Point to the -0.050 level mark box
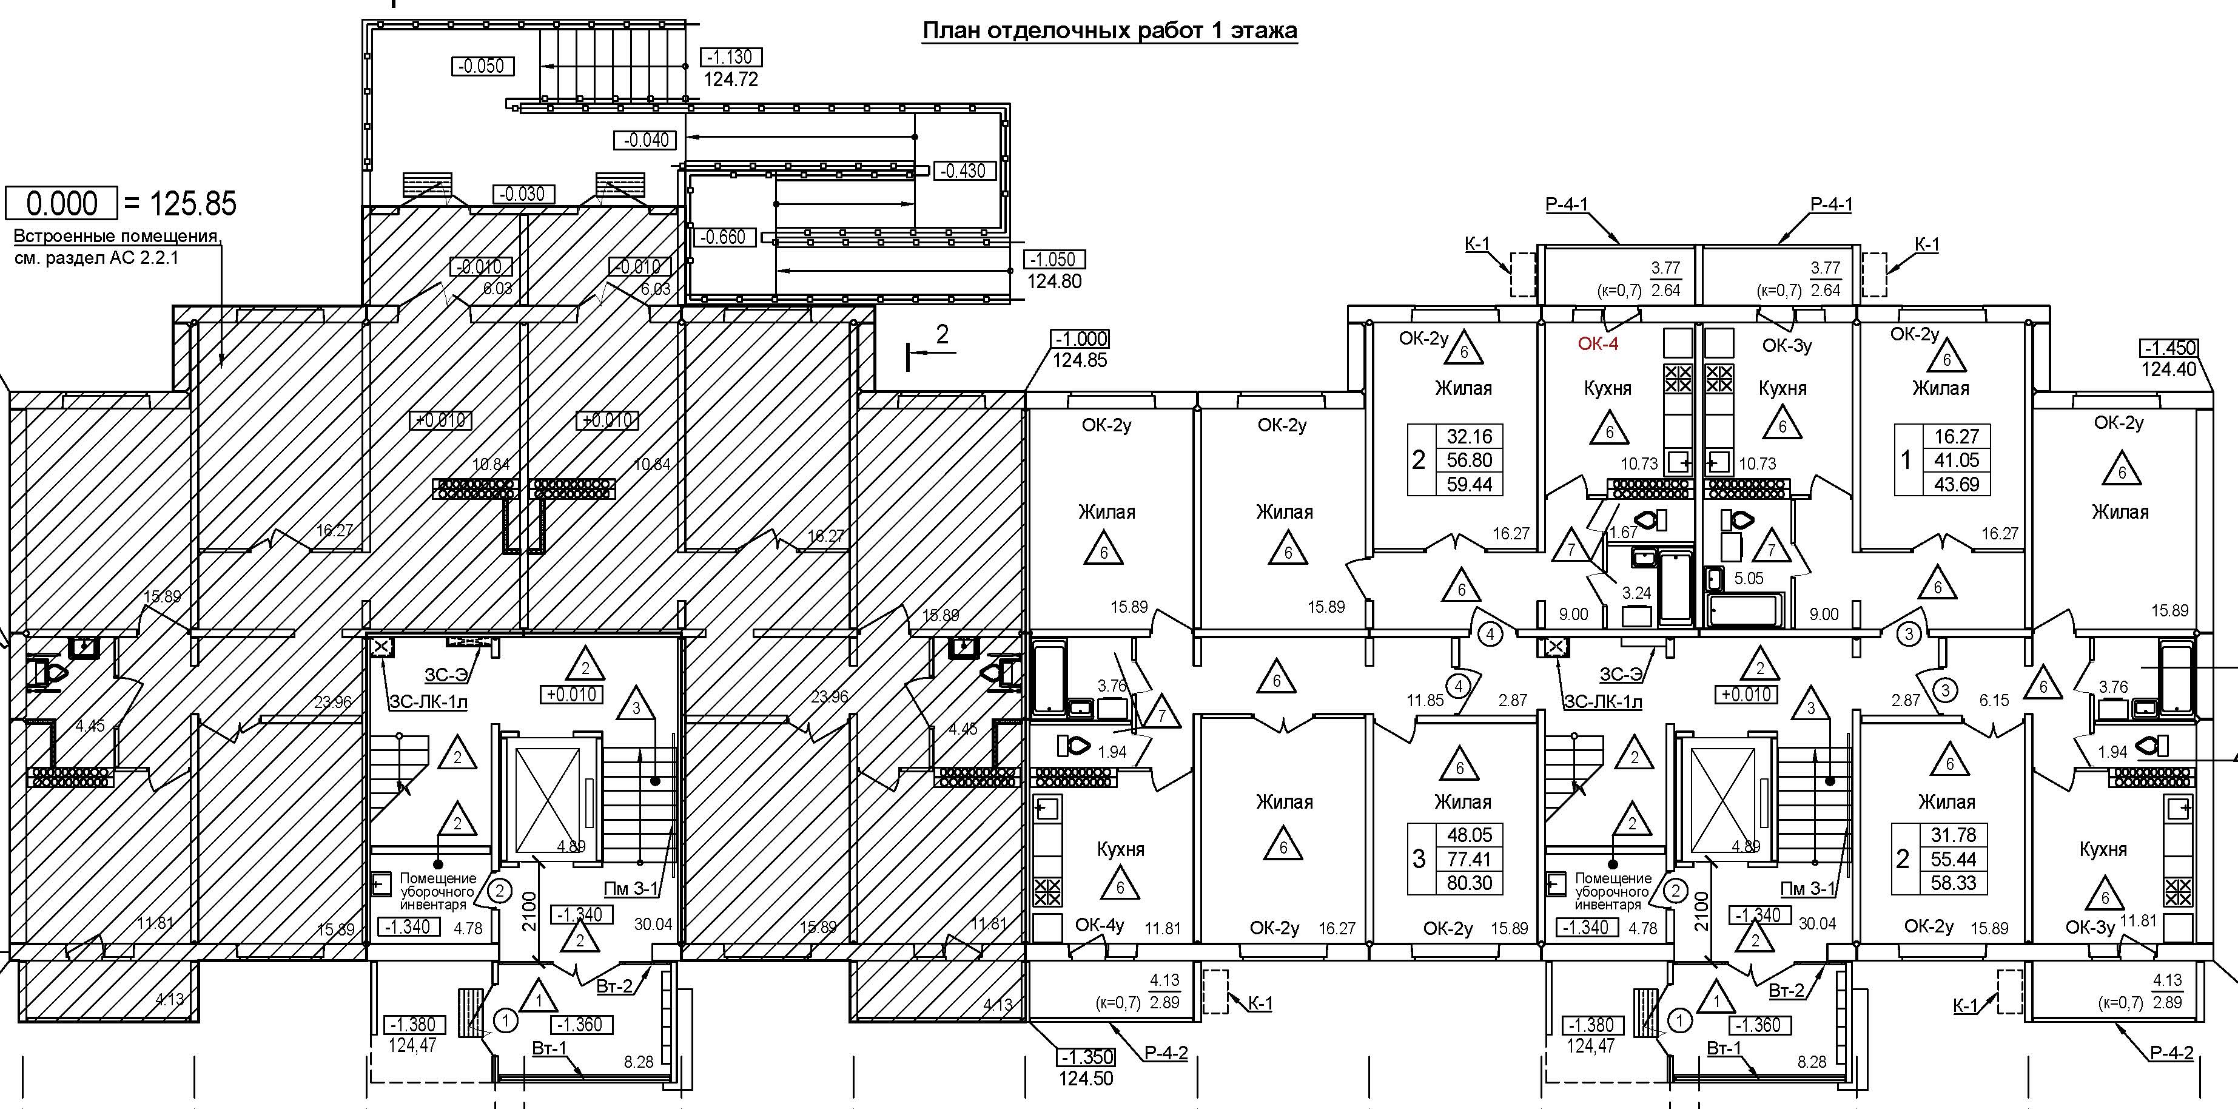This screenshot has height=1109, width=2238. click(483, 66)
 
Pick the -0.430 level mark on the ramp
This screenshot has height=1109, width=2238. click(964, 171)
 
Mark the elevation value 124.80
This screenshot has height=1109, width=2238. click(1054, 281)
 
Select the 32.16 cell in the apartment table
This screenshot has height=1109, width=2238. click(1469, 436)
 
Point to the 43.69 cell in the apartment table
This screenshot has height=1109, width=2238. click(1957, 484)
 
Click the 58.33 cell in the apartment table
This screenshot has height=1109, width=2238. click(1953, 883)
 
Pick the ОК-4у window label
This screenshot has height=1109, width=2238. click(1099, 926)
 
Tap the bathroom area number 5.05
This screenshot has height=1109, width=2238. click(1749, 579)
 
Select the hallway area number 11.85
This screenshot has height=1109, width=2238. click(1425, 701)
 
